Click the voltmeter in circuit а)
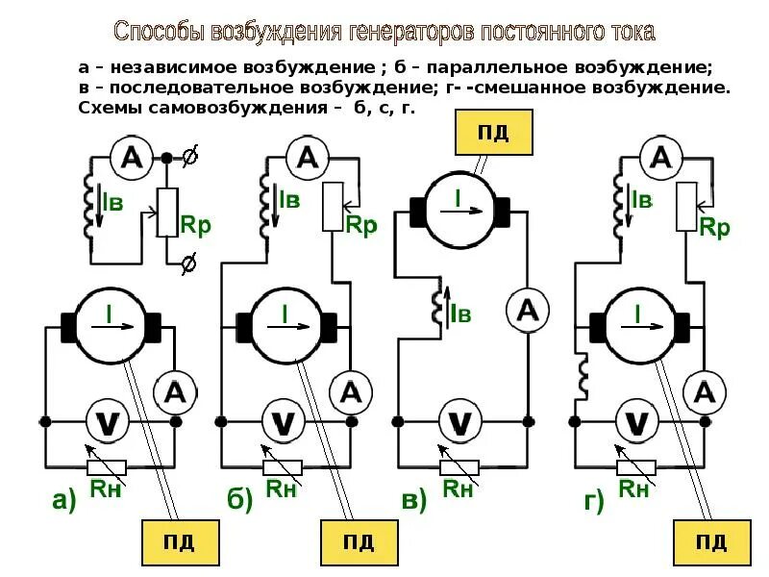point(108,422)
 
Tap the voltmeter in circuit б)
point(284,422)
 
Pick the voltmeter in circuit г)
point(635,422)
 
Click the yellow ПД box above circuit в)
point(492,132)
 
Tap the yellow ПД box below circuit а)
point(180,542)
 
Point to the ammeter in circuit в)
point(528,311)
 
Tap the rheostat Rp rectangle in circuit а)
point(167,212)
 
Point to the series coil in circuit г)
point(582,377)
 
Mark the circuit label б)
point(239,500)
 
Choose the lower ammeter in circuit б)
point(352,391)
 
